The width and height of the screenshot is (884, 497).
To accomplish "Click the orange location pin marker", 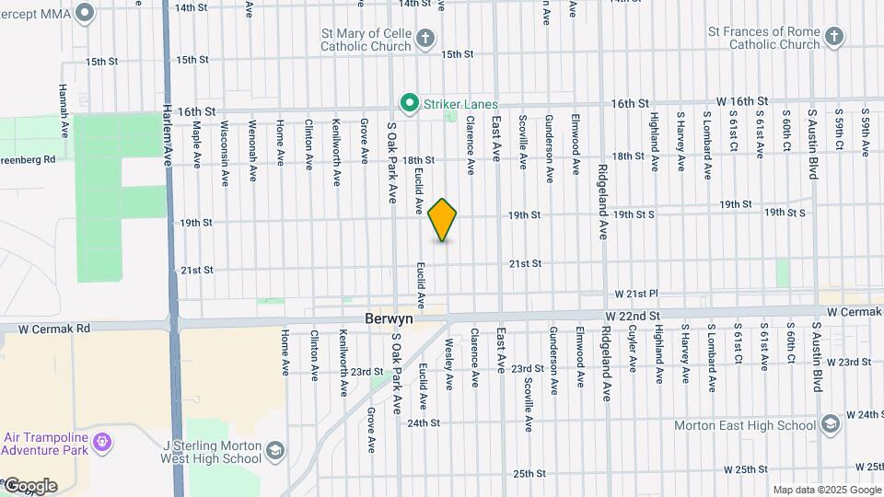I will (x=443, y=219).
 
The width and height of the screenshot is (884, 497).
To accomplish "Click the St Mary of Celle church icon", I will (x=425, y=38).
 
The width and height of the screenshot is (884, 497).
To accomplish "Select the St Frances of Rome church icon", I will (x=833, y=37).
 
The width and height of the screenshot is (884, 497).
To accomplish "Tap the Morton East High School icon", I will (x=831, y=424).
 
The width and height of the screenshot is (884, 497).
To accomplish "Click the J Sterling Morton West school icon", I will (x=275, y=451).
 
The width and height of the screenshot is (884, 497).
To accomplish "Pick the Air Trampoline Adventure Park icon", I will (x=102, y=444).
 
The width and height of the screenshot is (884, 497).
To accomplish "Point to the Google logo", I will (x=29, y=486).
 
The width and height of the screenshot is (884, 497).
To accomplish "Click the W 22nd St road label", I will (x=634, y=315).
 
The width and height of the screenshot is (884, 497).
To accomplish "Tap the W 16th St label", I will (x=742, y=100).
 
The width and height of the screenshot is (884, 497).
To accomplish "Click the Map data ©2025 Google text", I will (x=826, y=490).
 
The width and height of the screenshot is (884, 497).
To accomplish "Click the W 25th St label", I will (x=746, y=469).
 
